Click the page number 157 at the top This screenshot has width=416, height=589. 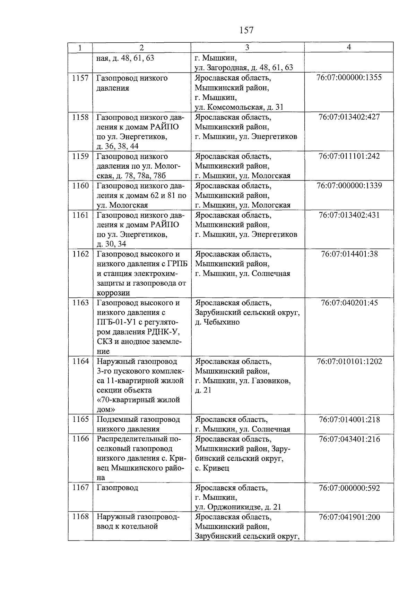coord(246,31)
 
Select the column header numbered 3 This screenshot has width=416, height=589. coord(247,48)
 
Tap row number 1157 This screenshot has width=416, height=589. coord(80,78)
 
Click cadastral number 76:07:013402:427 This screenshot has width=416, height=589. coord(349,117)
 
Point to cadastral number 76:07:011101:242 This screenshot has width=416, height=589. coord(349,156)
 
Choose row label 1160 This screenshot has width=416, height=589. coord(80,186)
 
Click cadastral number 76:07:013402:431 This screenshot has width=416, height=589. coord(349,215)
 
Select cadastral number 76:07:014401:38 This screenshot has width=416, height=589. coord(349,254)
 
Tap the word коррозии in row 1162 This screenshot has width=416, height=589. coord(113,293)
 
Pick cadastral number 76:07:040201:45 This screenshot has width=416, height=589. coord(349,303)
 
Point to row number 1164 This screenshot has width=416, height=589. coord(80,362)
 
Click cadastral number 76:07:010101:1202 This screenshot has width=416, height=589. coord(349,362)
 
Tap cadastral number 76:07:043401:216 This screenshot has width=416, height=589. coord(349,439)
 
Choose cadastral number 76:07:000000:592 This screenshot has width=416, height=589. coord(349,488)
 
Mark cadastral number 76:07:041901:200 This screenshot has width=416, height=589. coord(349,518)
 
